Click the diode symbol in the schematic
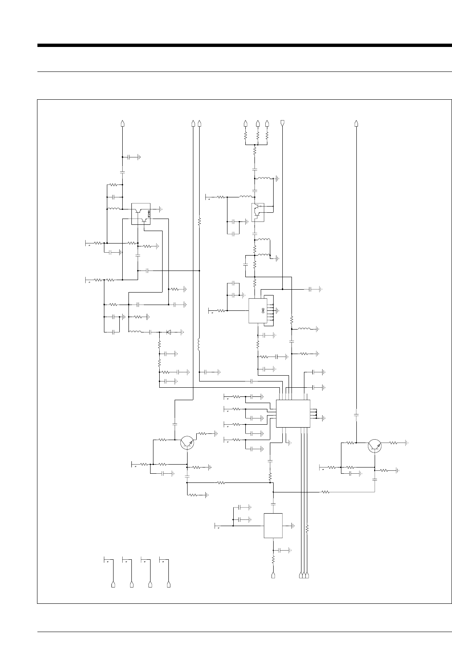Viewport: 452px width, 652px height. point(169,332)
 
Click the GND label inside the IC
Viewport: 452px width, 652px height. point(263,310)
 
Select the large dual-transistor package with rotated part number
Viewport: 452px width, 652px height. point(141,214)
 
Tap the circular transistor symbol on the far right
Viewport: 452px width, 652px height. point(375,445)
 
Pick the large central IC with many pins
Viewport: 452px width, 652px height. point(293,413)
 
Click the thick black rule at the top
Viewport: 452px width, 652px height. point(245,45)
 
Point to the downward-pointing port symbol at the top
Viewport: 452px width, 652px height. point(283,123)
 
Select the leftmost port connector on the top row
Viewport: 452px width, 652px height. point(122,123)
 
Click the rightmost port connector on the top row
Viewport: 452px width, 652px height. point(356,123)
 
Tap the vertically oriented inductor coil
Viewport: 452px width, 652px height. point(200,344)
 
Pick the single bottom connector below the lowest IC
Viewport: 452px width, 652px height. point(273,576)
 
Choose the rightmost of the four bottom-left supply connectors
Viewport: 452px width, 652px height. point(169,585)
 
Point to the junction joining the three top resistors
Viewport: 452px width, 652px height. point(255,145)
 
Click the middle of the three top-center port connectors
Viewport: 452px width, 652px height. point(258,123)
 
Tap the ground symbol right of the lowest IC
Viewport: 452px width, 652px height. point(293,526)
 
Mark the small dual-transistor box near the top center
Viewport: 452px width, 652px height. point(258,212)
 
